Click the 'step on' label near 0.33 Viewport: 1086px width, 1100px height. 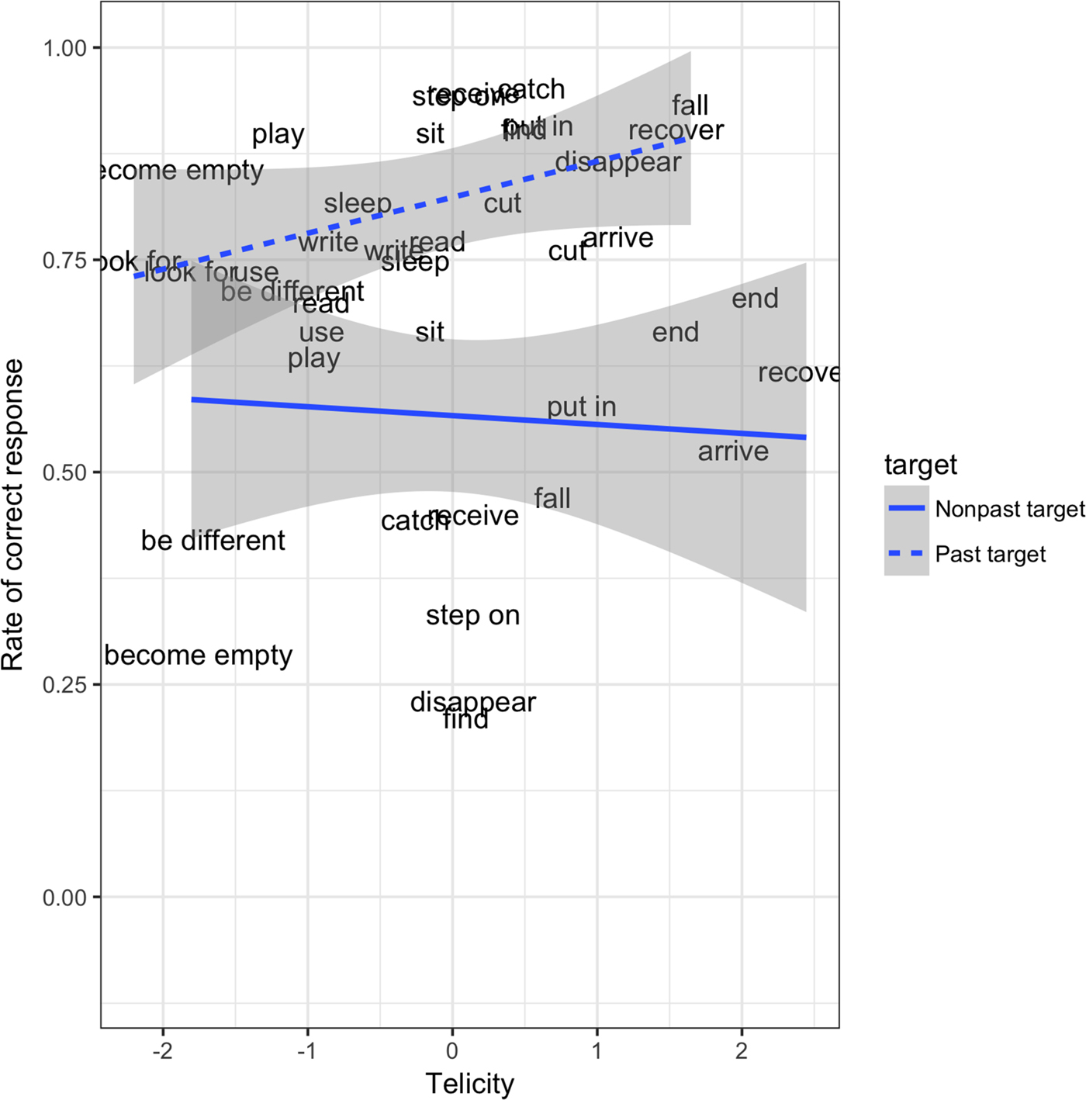[472, 616]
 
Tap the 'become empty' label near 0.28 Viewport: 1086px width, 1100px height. [199, 656]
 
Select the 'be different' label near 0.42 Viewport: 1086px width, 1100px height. [213, 541]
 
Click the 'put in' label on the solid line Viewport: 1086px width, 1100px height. [581, 406]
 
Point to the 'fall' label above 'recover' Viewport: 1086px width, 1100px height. [690, 105]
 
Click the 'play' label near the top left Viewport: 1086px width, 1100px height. [278, 135]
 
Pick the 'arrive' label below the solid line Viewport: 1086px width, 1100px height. [733, 451]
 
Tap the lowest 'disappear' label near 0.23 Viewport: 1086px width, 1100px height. [472, 702]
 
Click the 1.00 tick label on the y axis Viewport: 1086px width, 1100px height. [64, 48]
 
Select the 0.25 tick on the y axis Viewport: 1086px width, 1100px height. [64, 685]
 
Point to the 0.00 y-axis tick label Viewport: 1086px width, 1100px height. [64, 898]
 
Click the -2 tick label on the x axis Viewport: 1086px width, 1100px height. [162, 1051]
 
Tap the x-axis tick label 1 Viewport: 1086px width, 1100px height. [597, 1051]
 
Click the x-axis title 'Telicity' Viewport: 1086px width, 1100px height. [469, 1084]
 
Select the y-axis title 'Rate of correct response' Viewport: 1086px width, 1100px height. [13, 515]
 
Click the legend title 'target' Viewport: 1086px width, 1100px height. [920, 465]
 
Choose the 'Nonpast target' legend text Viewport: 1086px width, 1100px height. [1009, 509]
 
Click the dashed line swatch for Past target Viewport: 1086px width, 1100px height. [906, 554]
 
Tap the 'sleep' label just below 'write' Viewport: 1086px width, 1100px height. [415, 263]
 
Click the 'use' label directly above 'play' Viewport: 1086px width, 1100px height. [321, 333]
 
